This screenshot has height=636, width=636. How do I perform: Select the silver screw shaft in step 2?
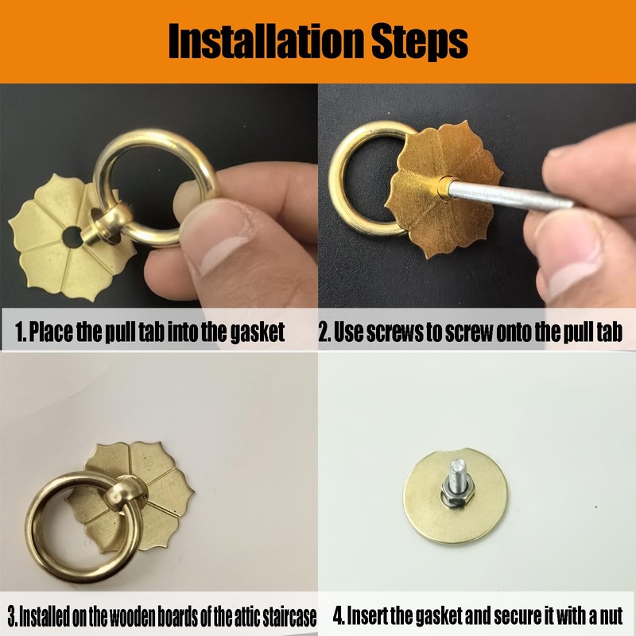[x=509, y=196]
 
